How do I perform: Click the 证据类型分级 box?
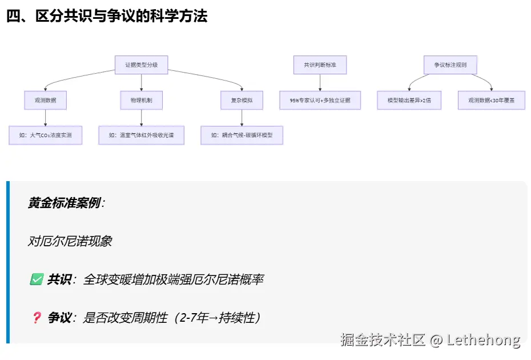click(x=141, y=65)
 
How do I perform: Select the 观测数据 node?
click(x=46, y=101)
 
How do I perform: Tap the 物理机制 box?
click(x=141, y=101)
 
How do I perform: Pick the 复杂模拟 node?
click(x=242, y=101)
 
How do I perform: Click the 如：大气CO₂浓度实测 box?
click(x=46, y=135)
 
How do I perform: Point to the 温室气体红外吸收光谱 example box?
click(x=141, y=135)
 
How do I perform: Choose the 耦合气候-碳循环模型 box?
click(x=242, y=135)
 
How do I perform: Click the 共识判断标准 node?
click(x=320, y=65)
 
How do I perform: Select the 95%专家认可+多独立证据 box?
click(x=320, y=101)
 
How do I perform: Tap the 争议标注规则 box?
click(x=450, y=65)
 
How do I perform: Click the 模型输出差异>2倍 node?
click(x=409, y=101)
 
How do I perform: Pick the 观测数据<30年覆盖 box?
click(x=491, y=101)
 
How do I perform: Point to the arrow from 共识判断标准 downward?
click(x=320, y=83)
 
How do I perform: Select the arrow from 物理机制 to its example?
click(x=141, y=118)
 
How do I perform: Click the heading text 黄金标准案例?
click(x=64, y=203)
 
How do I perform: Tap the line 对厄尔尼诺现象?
click(x=70, y=241)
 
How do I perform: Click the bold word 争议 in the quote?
click(x=59, y=318)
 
